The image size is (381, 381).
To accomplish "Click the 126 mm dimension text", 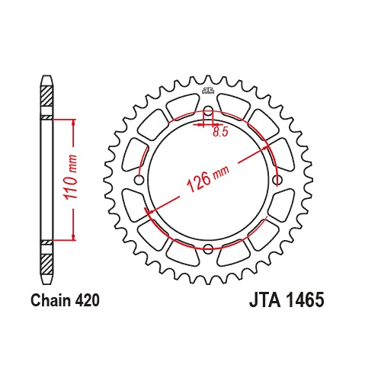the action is point(207,178).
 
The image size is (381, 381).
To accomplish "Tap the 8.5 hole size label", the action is point(220,132).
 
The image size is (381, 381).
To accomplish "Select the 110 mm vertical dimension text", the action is point(70,177).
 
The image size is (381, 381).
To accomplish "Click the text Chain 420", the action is point(65,300).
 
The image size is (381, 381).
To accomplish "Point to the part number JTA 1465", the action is point(287,300).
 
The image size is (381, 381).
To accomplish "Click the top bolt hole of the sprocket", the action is point(208,110).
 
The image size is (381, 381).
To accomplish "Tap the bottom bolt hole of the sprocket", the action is point(208,248).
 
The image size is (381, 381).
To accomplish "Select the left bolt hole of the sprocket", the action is point(139,180).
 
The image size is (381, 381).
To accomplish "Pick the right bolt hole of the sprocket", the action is point(277,180).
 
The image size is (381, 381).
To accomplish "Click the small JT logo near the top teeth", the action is point(208,91).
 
